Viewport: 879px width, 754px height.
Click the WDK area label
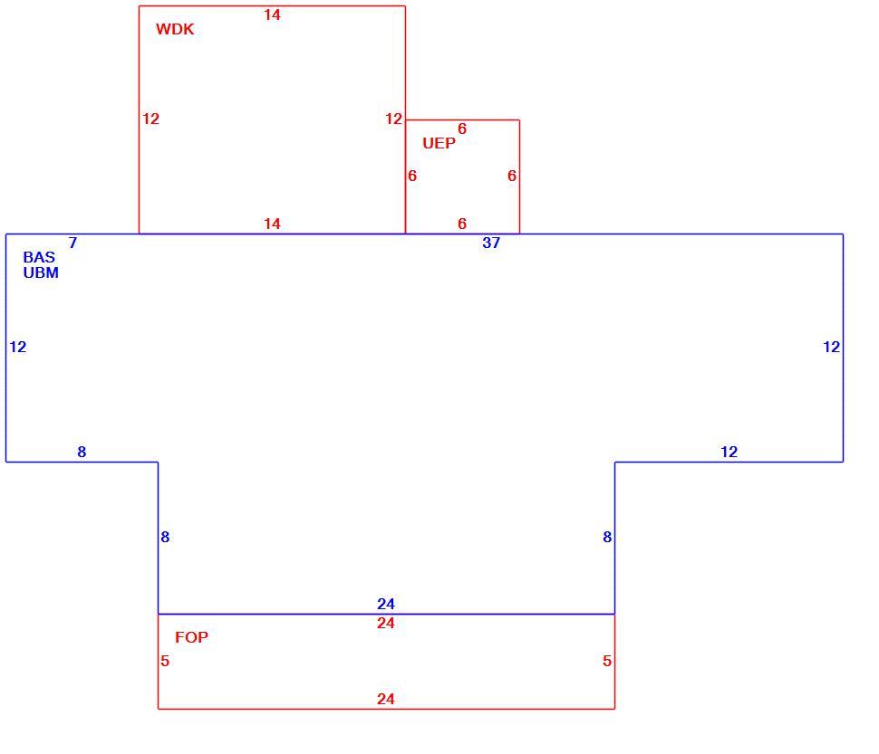(175, 29)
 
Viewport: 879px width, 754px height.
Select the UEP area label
(439, 143)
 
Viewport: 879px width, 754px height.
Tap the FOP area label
(191, 637)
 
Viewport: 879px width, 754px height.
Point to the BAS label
(39, 257)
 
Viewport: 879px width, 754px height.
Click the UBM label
(41, 272)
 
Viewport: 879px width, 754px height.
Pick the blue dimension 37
(491, 243)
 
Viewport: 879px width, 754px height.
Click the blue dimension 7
(72, 243)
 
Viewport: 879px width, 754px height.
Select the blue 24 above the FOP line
(386, 604)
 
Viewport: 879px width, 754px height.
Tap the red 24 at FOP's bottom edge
(386, 699)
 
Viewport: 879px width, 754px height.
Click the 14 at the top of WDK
(273, 15)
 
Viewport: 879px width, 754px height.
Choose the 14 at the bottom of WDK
(273, 224)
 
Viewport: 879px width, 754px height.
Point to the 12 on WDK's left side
(150, 119)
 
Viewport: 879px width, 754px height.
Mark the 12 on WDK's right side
(393, 119)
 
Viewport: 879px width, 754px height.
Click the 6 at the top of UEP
(462, 129)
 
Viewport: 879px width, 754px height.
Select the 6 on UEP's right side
(512, 176)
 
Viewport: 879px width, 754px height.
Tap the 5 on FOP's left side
(165, 661)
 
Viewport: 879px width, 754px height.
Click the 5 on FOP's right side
(607, 661)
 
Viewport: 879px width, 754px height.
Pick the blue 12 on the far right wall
(831, 347)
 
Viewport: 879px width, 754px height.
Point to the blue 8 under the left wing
(82, 452)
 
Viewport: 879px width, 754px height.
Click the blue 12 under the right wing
(729, 452)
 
